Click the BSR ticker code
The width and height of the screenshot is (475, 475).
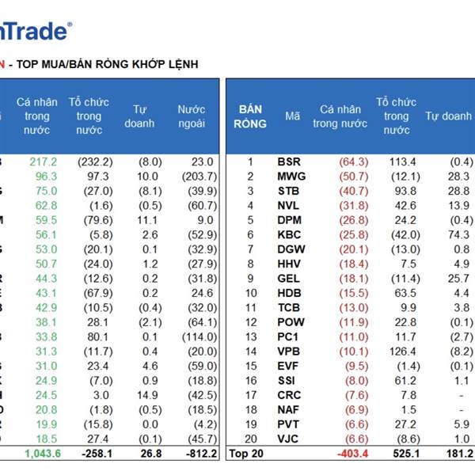(x=289, y=161)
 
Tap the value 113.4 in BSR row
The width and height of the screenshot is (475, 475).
(x=397, y=161)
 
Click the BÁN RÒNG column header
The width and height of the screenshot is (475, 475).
(x=249, y=116)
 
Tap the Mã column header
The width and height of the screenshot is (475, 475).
(x=293, y=116)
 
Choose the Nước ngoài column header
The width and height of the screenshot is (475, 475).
(x=191, y=116)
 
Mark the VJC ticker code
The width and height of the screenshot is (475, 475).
(x=289, y=439)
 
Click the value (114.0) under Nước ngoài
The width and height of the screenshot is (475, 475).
(x=198, y=336)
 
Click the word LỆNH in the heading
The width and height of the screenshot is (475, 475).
(x=180, y=63)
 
